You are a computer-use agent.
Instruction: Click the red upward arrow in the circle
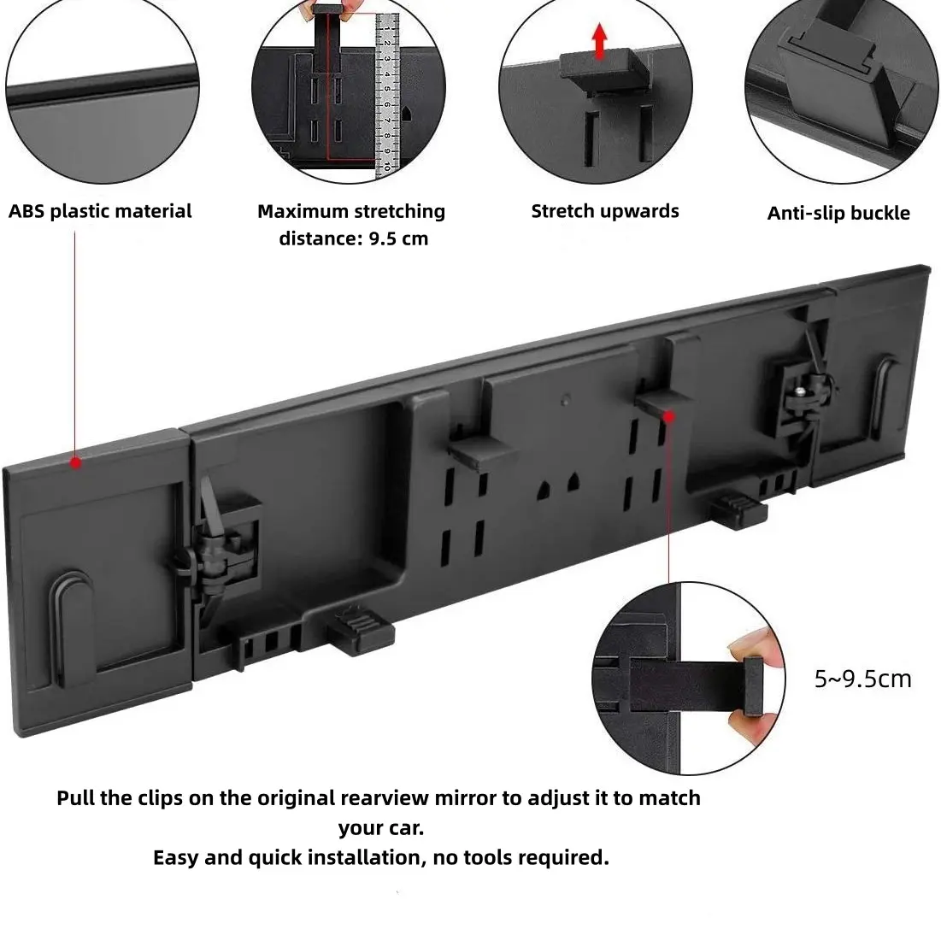pyautogui.click(x=598, y=41)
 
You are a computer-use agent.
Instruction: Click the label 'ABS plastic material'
pyautogui.click(x=100, y=211)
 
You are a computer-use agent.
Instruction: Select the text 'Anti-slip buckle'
pyautogui.click(x=838, y=213)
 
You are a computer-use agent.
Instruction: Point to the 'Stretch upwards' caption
pyautogui.click(x=605, y=211)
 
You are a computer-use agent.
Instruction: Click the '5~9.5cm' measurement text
pyautogui.click(x=863, y=679)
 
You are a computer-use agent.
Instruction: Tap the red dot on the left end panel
pyautogui.click(x=75, y=462)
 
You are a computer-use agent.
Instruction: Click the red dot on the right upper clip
pyautogui.click(x=669, y=416)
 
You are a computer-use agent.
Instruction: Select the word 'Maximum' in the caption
pyautogui.click(x=303, y=211)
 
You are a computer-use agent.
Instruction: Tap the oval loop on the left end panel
pyautogui.click(x=74, y=630)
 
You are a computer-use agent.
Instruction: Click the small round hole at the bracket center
pyautogui.click(x=565, y=399)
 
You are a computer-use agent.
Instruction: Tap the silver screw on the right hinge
pyautogui.click(x=803, y=391)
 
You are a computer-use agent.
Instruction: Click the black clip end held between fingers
pyautogui.click(x=753, y=685)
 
